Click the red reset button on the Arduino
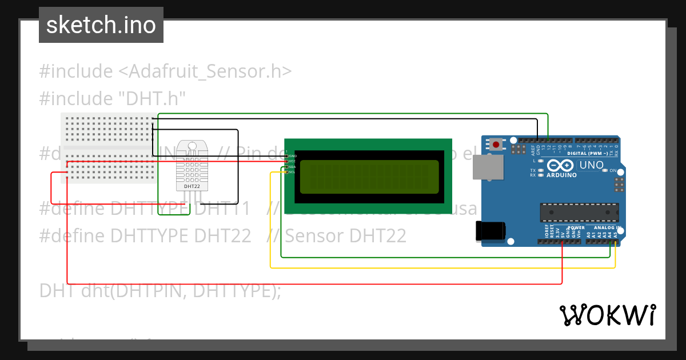pyautogui.click(x=496, y=145)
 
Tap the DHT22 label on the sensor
pyautogui.click(x=192, y=186)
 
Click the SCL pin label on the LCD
pyautogui.click(x=292, y=172)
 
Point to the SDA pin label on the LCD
pyautogui.click(x=292, y=167)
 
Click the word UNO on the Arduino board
pyautogui.click(x=592, y=165)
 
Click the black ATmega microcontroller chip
pyautogui.click(x=579, y=213)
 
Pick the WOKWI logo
pyautogui.click(x=608, y=315)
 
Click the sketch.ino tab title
pyautogui.click(x=101, y=25)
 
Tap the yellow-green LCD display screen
pyautogui.click(x=369, y=177)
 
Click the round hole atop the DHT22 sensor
pyautogui.click(x=192, y=145)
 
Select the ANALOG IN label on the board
pyautogui.click(x=607, y=228)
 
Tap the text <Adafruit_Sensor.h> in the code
pyautogui.click(x=205, y=71)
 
